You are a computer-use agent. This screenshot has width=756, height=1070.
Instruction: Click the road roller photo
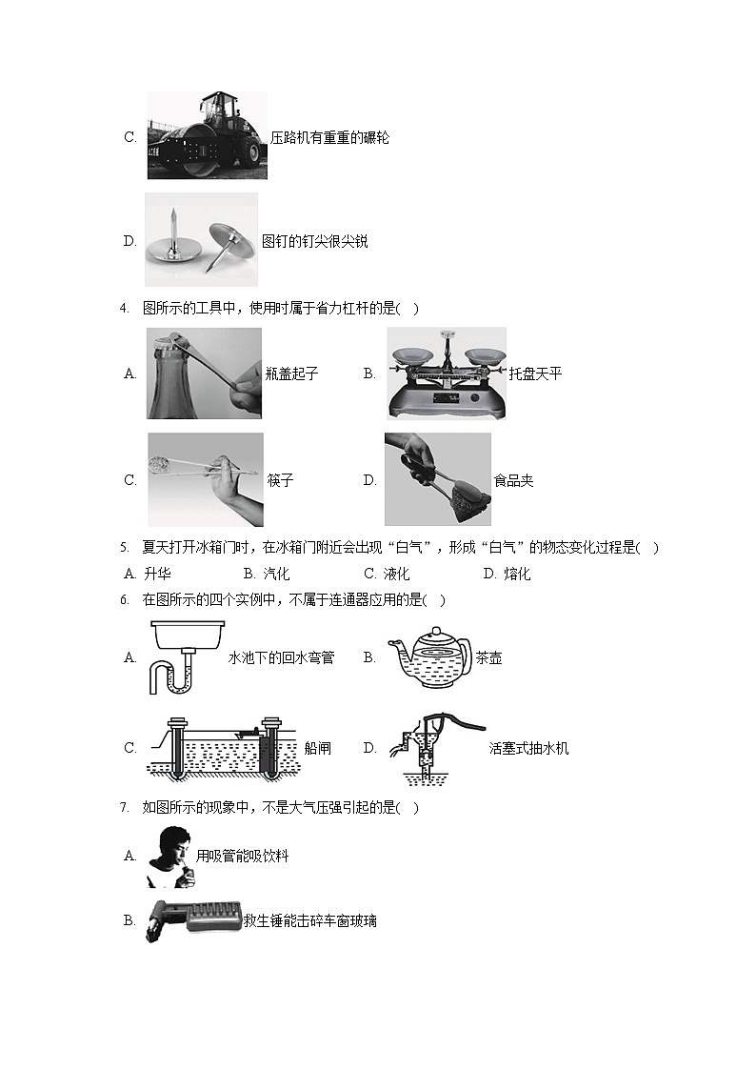point(208,136)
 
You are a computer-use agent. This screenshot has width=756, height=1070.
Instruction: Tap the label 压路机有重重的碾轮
point(330,138)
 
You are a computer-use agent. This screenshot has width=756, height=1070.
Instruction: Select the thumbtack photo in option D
point(202,239)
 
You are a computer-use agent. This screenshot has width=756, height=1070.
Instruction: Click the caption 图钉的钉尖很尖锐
point(315,242)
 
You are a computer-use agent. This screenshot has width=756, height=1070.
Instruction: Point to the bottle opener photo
point(205,373)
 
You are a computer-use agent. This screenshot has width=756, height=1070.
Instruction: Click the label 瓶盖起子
point(291,373)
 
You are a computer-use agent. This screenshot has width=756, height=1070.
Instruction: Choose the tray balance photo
point(447,373)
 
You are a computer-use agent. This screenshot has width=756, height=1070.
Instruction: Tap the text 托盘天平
point(536,373)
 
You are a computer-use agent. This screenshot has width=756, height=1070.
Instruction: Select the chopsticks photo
point(206,479)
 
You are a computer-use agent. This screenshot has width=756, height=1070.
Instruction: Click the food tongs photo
point(438,479)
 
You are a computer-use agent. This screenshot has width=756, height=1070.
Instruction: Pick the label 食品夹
point(513,480)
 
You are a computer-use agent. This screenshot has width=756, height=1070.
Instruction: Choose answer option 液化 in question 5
point(388,574)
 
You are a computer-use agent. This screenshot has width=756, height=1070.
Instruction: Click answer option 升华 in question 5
point(148,574)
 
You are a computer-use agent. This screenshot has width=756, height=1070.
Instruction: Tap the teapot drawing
point(429,657)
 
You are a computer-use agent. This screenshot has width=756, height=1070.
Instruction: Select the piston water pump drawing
point(436,748)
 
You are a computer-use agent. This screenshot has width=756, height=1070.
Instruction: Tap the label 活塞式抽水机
point(529,749)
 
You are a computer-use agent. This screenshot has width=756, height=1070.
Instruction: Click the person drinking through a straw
point(170,858)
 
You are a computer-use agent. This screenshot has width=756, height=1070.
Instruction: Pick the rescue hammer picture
point(193,919)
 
